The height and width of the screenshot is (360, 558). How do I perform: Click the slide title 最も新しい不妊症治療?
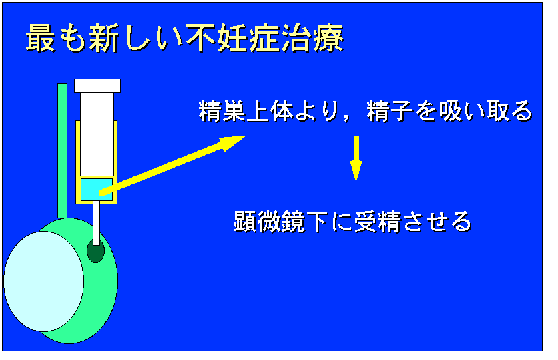coord(185,39)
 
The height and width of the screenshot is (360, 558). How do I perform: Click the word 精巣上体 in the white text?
coord(246,111)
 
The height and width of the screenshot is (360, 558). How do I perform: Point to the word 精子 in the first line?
coord(390,111)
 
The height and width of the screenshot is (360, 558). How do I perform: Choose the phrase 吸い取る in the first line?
coord(486,111)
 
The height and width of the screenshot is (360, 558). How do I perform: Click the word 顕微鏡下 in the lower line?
coord(281,222)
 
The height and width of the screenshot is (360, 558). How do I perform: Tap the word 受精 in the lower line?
coord(378,222)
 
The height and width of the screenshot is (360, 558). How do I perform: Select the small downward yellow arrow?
coord(356,159)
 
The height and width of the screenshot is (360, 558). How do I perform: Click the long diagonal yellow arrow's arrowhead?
coord(232,142)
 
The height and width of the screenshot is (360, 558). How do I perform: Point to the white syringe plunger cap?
coord(97,85)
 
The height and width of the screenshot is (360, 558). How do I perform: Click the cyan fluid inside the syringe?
coord(97,190)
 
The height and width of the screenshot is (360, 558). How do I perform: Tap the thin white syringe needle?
coord(96,223)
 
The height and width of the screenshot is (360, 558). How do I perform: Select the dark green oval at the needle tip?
coord(95,251)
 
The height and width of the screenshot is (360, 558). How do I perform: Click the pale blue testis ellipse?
coord(44,281)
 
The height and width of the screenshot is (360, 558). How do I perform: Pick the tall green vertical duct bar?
coord(62,151)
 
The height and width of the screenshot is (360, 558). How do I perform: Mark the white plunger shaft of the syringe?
coord(97,134)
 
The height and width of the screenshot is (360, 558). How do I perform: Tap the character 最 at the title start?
coord(41,39)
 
